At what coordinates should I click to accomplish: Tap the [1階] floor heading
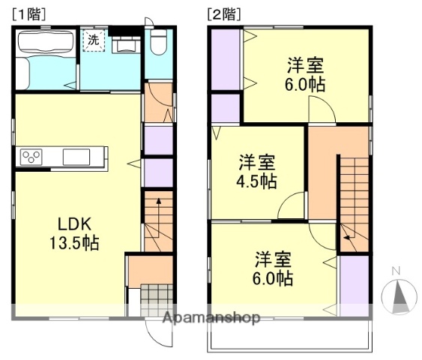(28, 13)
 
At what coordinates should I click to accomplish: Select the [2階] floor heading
(223, 13)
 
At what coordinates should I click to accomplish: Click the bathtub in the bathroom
(46, 59)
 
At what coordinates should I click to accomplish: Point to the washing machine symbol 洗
(92, 40)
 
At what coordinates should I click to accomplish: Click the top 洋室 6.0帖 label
(305, 73)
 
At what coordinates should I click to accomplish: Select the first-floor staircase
(157, 222)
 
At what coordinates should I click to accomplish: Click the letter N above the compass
(397, 271)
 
